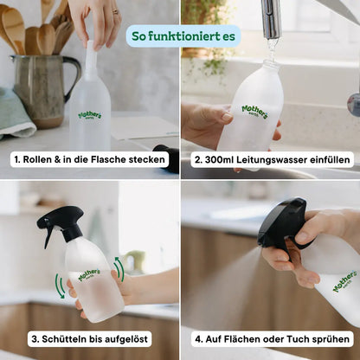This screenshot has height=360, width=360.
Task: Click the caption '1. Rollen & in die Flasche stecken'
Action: [90, 160]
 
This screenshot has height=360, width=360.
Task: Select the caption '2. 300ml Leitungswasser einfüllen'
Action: [272, 160]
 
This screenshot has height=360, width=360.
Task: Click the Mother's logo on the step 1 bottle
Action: [90, 114]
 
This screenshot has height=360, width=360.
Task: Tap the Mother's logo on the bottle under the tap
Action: [254, 112]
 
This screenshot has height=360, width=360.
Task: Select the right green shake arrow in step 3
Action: [119, 270]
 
